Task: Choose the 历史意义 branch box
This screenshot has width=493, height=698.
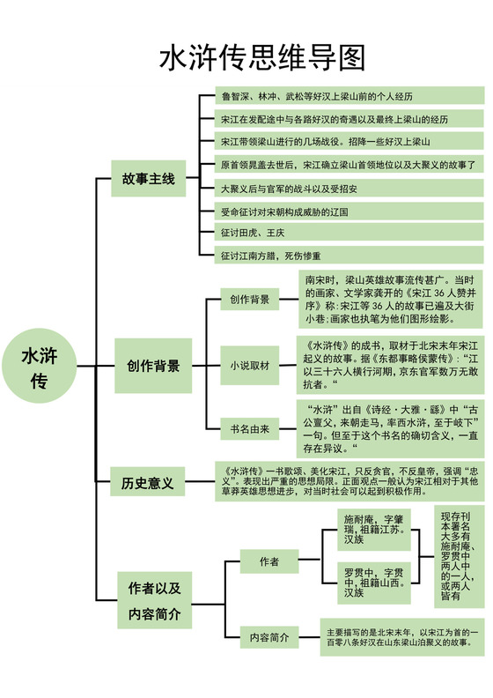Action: tap(147, 483)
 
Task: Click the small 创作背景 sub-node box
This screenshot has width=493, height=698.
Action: tap(249, 300)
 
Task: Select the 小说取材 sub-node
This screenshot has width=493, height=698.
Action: tap(249, 365)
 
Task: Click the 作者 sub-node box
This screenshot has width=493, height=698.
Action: tap(269, 561)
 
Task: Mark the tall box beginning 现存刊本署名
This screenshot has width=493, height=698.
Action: tap(460, 556)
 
